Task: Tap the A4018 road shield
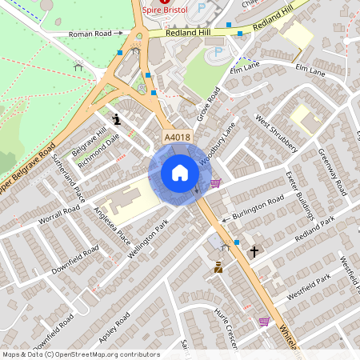[177, 138]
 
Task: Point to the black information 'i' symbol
[118, 119]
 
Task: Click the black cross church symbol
[254, 252]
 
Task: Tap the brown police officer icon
[218, 268]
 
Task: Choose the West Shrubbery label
[276, 134]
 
